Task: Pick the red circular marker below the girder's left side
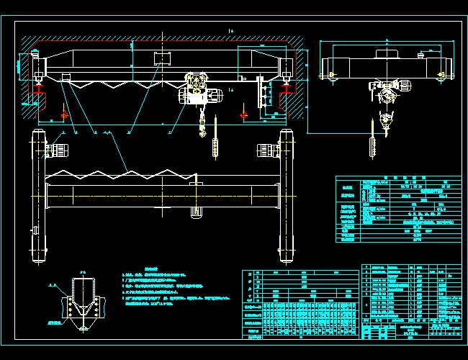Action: point(66,114)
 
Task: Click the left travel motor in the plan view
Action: point(56,150)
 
